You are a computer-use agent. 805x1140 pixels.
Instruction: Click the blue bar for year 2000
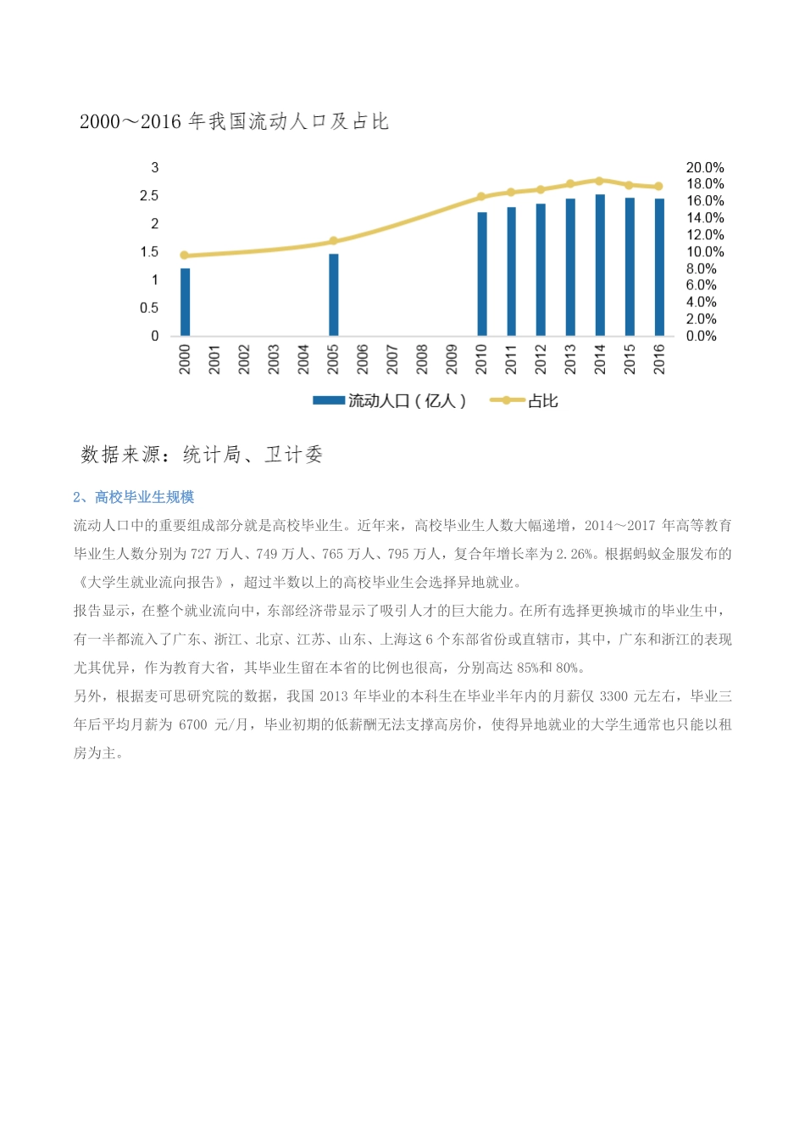click(x=185, y=302)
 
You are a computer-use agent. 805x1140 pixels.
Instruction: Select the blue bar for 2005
click(x=333, y=294)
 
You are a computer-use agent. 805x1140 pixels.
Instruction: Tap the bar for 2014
click(x=600, y=265)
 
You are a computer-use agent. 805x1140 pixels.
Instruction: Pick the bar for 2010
click(x=481, y=273)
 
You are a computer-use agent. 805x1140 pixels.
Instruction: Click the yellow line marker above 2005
click(x=333, y=241)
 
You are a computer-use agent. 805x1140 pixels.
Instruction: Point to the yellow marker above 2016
click(x=659, y=187)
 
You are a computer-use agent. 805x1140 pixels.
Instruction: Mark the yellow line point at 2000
click(x=185, y=255)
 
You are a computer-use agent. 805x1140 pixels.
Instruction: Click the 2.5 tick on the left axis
click(x=149, y=196)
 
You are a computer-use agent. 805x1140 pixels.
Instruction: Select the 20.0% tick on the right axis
click(x=704, y=168)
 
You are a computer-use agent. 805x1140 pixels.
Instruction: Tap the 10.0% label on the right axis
click(x=704, y=252)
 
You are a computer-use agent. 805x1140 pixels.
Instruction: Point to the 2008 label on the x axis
click(x=422, y=359)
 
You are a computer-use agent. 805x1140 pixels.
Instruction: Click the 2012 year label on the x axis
click(x=541, y=359)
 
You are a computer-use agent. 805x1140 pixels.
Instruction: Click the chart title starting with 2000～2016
click(x=234, y=121)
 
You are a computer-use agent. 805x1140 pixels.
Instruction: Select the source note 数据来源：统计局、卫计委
click(x=202, y=455)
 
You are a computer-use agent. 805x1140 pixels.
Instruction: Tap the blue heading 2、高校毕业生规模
click(x=134, y=497)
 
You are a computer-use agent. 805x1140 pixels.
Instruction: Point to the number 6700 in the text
click(x=192, y=724)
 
